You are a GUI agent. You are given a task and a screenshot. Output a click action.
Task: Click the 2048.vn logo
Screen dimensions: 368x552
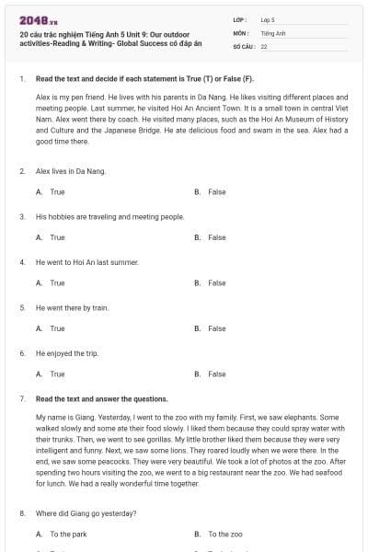[32, 20]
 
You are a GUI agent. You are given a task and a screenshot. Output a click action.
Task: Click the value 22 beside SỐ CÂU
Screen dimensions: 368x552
[264, 45]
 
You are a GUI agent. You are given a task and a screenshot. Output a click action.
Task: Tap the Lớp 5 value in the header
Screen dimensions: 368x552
[268, 19]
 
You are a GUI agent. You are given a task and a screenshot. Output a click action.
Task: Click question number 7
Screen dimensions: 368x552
[21, 399]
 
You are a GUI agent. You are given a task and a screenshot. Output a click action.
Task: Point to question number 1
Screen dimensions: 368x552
[21, 79]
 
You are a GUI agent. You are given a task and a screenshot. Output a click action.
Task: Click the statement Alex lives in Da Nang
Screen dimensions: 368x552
[71, 171]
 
